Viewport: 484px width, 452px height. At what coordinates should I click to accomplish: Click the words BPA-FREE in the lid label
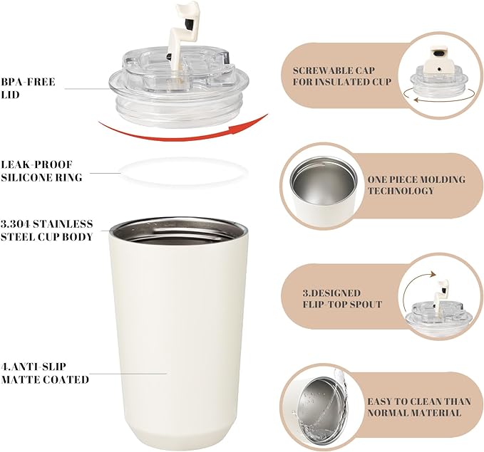click(28, 82)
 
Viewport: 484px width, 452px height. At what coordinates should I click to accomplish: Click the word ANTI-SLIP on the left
click(37, 367)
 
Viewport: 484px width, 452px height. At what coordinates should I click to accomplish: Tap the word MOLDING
click(440, 179)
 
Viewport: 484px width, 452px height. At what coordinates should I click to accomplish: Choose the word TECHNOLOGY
click(401, 191)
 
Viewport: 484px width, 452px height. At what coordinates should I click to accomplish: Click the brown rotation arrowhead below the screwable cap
click(417, 100)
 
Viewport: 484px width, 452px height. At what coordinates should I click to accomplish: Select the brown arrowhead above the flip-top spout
click(433, 274)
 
